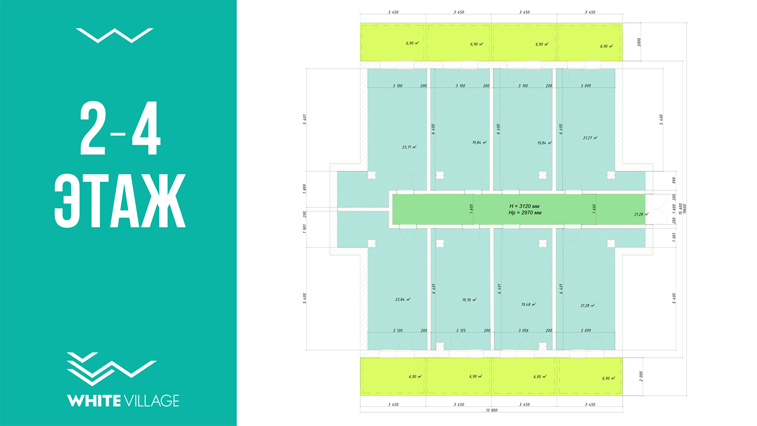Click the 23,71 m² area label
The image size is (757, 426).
coord(409,147)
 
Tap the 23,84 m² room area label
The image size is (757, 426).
coord(402,300)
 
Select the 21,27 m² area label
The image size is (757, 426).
coord(590,138)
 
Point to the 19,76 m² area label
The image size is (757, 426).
coord(469,300)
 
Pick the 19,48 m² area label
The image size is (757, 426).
coord(528,305)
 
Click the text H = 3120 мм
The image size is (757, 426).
coord(524,206)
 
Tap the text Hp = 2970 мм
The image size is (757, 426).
coord(525,213)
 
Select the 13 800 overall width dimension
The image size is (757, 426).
coord(492,410)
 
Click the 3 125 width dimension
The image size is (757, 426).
coord(463,330)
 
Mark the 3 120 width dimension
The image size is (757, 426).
coord(397,330)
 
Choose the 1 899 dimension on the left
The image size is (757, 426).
coord(305,188)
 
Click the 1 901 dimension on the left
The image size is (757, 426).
coord(305,229)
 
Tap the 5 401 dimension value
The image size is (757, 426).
coord(305,119)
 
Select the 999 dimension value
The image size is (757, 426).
coord(674,180)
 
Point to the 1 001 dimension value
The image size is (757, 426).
coord(674,237)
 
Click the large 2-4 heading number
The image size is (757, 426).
coord(120,129)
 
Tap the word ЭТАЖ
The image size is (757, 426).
coord(120,201)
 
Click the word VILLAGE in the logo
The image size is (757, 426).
coord(151,401)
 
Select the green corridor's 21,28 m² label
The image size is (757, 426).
coord(641,214)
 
